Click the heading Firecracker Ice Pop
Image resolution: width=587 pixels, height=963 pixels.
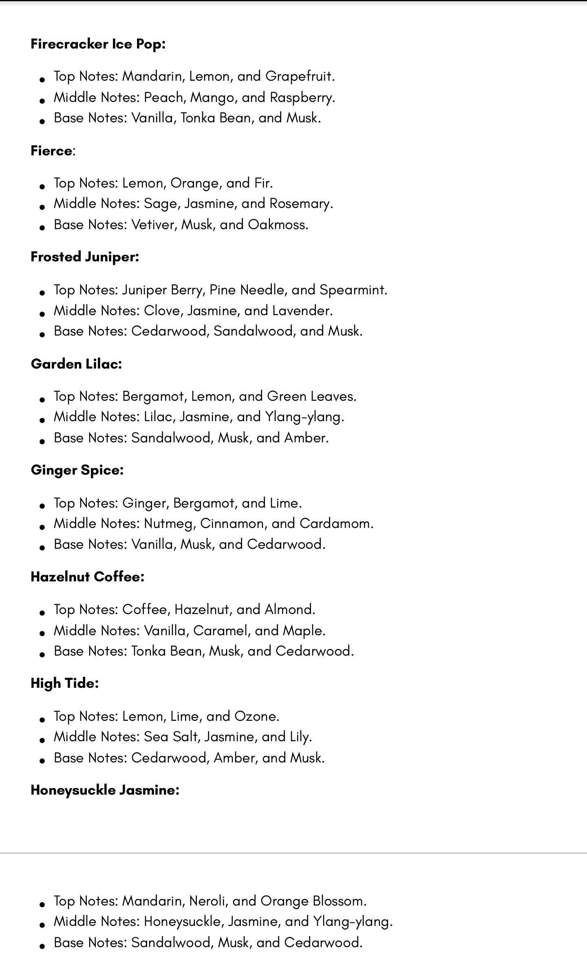pyautogui.click(x=98, y=44)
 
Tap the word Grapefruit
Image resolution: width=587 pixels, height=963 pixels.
pyautogui.click(x=299, y=76)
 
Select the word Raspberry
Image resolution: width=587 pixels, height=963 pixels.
pyautogui.click(x=302, y=97)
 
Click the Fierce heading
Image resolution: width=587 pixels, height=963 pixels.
pyautogui.click(x=52, y=151)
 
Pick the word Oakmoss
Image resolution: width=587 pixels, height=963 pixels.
pyautogui.click(x=278, y=225)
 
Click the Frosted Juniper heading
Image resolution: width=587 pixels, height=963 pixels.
pyautogui.click(x=85, y=257)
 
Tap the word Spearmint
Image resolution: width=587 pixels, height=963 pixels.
pyautogui.click(x=353, y=290)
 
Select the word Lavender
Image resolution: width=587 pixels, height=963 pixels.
pyautogui.click(x=302, y=311)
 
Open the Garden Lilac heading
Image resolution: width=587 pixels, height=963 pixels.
pyautogui.click(x=76, y=364)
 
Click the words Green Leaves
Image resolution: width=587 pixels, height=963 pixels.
pyautogui.click(x=311, y=396)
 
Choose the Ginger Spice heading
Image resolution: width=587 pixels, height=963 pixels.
pyautogui.click(x=77, y=470)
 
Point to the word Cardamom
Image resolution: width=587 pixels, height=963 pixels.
pyautogui.click(x=336, y=523)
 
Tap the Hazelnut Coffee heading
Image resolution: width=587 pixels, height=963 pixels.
pyautogui.click(x=87, y=577)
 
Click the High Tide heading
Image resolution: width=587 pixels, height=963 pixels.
pyautogui.click(x=64, y=683)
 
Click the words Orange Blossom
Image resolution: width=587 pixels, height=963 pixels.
pyautogui.click(x=313, y=901)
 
